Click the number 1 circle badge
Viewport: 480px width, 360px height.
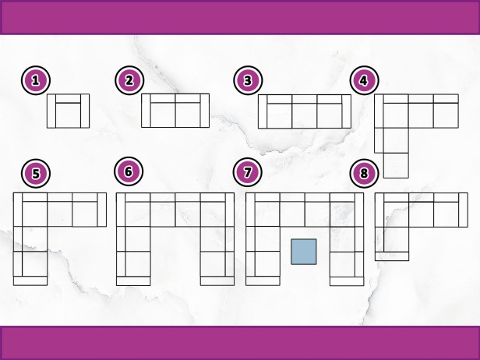click(36, 80)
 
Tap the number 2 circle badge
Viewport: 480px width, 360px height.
click(129, 80)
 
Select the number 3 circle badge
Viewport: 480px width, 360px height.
click(248, 80)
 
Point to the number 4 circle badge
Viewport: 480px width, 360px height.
click(365, 80)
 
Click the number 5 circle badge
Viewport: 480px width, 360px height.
click(36, 173)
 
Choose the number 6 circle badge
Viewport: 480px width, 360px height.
click(129, 171)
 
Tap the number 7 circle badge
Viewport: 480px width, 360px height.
click(247, 172)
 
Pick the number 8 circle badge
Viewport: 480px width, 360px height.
click(365, 173)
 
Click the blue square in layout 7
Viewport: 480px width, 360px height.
click(304, 252)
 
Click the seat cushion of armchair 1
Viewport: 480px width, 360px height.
click(69, 115)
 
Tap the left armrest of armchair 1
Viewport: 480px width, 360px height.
click(51, 111)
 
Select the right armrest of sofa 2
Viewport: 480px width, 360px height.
click(205, 111)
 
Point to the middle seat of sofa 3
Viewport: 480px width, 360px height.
click(305, 116)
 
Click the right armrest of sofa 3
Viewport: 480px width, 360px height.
click(346, 111)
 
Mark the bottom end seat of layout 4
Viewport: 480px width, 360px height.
click(396, 165)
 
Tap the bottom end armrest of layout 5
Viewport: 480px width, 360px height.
click(30, 281)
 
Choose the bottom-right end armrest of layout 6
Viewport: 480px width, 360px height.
click(217, 281)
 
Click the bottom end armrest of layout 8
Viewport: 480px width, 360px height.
click(392, 256)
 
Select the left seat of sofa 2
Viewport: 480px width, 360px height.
click(163, 115)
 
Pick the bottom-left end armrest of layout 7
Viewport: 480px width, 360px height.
click(263, 281)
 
